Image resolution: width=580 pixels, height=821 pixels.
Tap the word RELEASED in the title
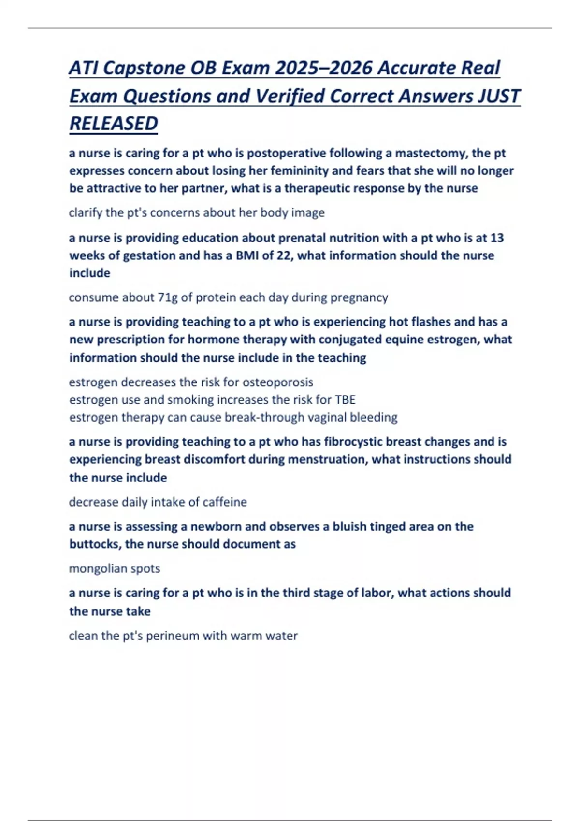(x=114, y=124)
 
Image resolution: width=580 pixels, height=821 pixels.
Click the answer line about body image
(x=197, y=212)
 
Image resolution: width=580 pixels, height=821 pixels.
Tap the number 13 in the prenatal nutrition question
(x=497, y=238)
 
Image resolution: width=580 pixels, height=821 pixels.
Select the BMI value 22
(x=283, y=255)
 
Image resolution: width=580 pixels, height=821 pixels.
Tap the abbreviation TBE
(x=345, y=400)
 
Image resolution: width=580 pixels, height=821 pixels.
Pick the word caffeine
(x=224, y=502)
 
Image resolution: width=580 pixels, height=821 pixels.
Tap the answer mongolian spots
(x=115, y=568)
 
